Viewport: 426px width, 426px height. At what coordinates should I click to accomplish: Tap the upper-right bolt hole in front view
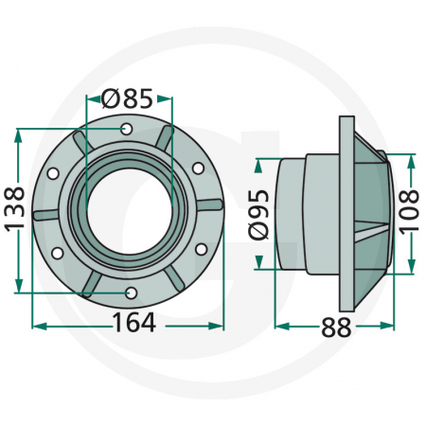pyautogui.click(x=198, y=169)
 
